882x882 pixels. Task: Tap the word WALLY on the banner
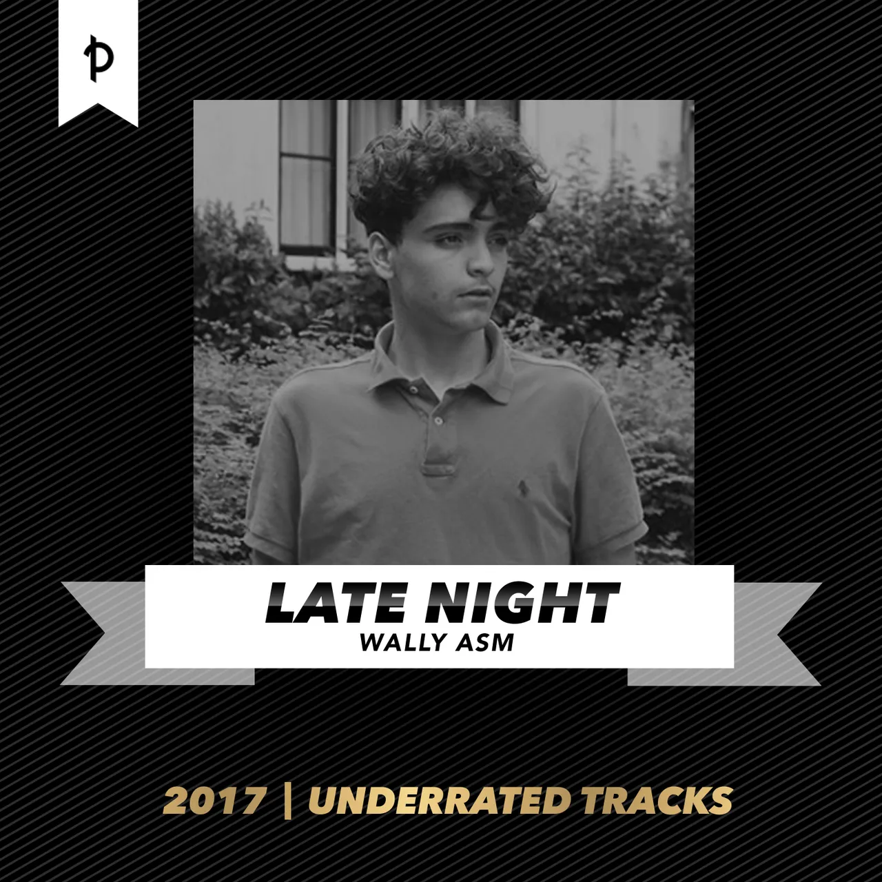[x=402, y=642]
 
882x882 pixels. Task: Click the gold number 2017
[x=215, y=800]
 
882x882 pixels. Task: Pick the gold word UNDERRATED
[x=438, y=800]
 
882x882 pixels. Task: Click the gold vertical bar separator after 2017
[x=287, y=801]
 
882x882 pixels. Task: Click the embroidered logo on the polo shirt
[x=522, y=488]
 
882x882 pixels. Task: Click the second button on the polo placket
[x=438, y=420]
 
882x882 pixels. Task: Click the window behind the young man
[x=306, y=176]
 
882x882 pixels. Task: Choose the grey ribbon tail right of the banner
[x=727, y=633]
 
